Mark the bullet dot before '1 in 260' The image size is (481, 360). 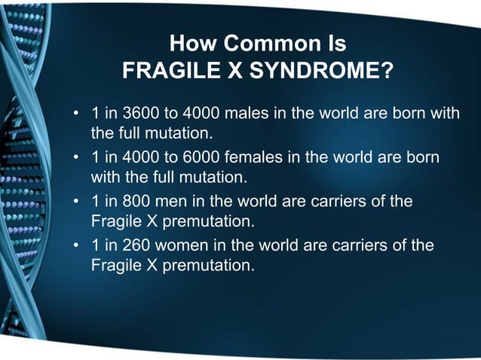click(x=75, y=246)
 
